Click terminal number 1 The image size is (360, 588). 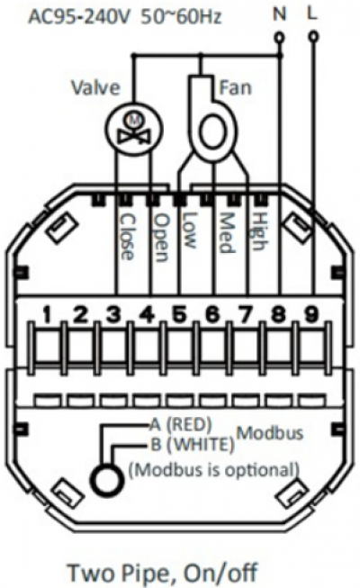tap(47, 314)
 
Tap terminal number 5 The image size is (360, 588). tap(179, 314)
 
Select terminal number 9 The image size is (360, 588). tap(310, 314)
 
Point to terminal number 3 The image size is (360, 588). tap(113, 314)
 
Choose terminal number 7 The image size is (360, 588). tap(245, 314)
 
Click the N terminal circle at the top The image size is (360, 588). tap(279, 37)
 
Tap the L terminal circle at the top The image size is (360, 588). tap(313, 36)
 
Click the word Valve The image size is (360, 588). tap(96, 87)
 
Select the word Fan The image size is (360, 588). tap(235, 87)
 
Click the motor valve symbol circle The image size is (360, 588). tap(134, 129)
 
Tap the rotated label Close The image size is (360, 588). tap(127, 237)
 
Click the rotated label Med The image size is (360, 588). tap(226, 232)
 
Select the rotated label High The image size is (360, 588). tap(259, 231)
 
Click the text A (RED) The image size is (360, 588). tap(181, 425)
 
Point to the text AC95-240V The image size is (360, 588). tap(81, 17)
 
